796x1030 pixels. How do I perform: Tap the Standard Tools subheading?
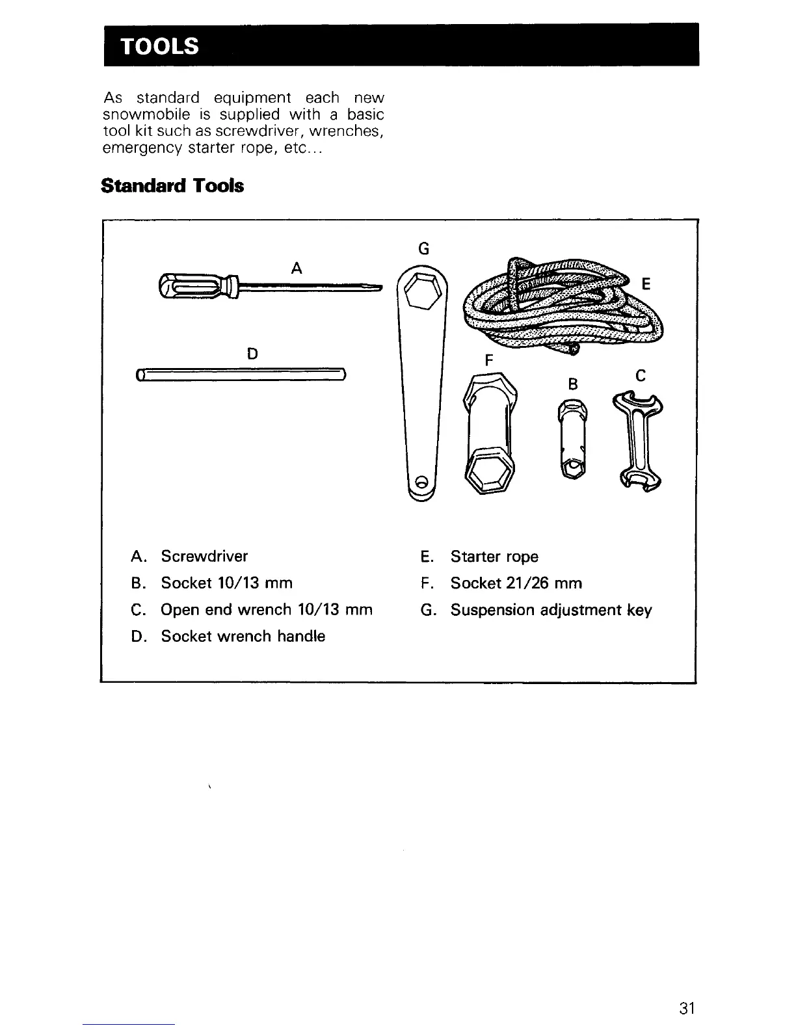coord(172,186)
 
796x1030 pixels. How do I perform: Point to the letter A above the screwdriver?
coord(297,267)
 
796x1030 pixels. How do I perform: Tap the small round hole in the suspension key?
coord(421,482)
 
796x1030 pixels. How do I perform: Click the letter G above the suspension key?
coord(423,248)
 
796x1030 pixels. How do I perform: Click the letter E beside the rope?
coord(646,284)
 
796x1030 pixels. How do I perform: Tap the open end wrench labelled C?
coord(637,440)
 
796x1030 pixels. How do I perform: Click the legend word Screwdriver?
coord(204,557)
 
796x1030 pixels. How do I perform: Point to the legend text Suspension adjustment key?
coord(551,611)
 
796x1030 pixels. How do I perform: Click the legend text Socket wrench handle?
coord(243,637)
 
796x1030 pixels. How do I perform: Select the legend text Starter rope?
coord(494,557)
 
